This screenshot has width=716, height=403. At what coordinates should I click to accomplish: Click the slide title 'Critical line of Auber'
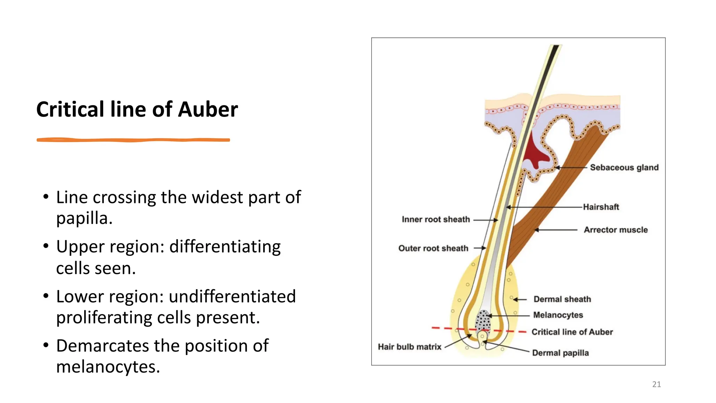click(x=137, y=109)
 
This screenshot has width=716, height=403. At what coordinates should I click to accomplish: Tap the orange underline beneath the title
click(x=133, y=140)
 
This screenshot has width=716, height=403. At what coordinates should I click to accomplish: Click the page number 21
click(x=656, y=384)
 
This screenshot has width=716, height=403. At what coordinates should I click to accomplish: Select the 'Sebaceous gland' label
click(x=624, y=168)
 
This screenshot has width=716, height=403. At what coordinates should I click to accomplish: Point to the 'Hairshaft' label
click(x=601, y=207)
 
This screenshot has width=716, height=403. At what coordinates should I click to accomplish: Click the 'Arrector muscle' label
click(x=616, y=230)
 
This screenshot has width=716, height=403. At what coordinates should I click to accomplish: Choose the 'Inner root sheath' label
click(x=436, y=219)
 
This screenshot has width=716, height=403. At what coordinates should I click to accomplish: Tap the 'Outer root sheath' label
click(x=433, y=248)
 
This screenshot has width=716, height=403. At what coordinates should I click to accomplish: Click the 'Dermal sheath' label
click(x=562, y=299)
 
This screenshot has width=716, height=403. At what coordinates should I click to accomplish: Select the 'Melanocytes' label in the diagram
click(x=558, y=315)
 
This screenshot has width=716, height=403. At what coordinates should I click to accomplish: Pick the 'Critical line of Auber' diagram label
click(x=572, y=332)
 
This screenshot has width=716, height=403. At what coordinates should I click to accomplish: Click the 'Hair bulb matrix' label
click(x=409, y=347)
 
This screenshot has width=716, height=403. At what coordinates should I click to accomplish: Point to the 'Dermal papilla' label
click(x=560, y=353)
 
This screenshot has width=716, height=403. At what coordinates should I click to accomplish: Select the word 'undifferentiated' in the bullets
click(x=232, y=296)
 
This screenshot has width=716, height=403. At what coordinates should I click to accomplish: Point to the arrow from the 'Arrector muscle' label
click(x=556, y=230)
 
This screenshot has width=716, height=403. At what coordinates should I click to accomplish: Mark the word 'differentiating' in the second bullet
click(x=225, y=247)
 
